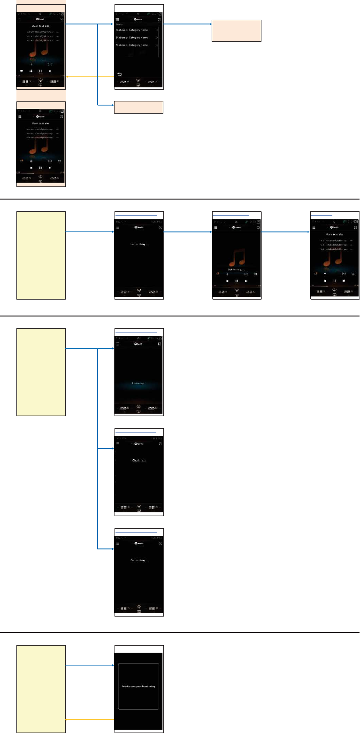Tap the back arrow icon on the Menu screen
click(119, 74)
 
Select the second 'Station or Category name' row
click(138, 37)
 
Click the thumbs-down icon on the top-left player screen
click(22, 71)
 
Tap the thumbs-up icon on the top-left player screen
click(31, 71)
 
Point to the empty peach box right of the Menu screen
click(236, 31)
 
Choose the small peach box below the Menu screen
click(138, 107)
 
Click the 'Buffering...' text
click(237, 270)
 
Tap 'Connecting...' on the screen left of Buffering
click(138, 244)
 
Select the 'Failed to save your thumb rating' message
click(138, 687)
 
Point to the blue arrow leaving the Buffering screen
click(285, 231)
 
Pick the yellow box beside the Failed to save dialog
click(41, 689)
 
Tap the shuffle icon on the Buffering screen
click(256, 273)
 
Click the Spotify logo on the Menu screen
click(138, 19)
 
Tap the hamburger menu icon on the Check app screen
click(118, 443)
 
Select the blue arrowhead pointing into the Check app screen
click(113, 448)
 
